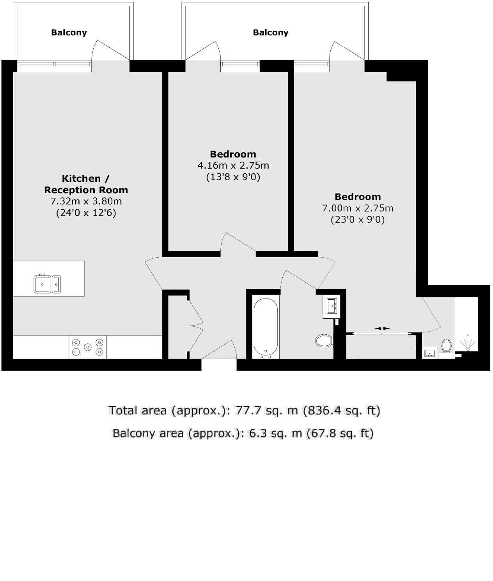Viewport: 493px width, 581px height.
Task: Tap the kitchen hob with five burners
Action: tap(88, 346)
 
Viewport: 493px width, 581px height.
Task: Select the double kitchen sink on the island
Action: tap(47, 284)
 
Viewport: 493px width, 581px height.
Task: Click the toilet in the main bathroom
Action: tap(323, 340)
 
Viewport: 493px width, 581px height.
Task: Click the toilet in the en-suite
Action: tap(446, 345)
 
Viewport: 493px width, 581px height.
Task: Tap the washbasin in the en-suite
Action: tap(430, 354)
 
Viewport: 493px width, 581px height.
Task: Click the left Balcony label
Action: tap(69, 32)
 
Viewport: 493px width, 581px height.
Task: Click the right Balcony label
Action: tap(271, 32)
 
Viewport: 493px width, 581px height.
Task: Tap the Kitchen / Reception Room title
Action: tap(86, 184)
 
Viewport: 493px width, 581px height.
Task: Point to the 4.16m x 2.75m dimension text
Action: tap(233, 165)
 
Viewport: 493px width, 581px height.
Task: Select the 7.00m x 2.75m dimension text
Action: tap(357, 208)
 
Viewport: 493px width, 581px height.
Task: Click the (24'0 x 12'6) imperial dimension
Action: tap(86, 213)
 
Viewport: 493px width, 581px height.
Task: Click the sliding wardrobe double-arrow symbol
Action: tap(382, 329)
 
